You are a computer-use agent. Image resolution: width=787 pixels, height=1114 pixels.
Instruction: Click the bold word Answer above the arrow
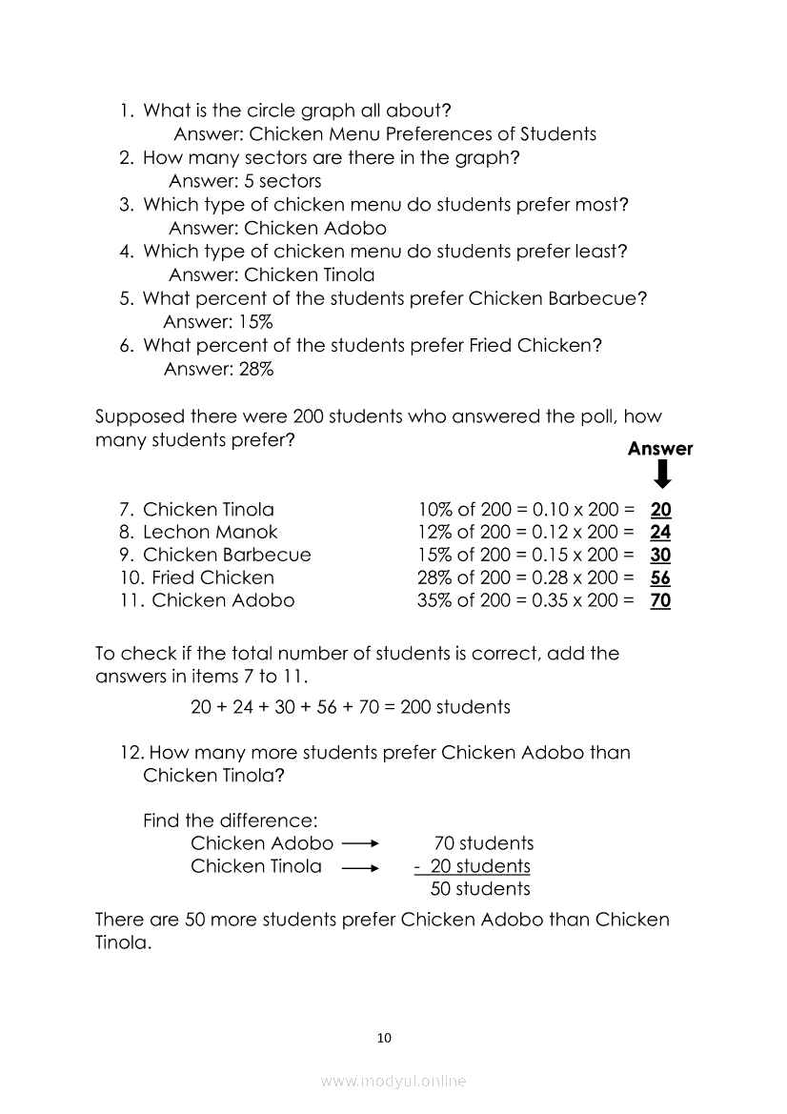660,449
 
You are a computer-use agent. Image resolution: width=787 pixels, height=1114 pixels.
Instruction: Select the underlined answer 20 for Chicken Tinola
660,509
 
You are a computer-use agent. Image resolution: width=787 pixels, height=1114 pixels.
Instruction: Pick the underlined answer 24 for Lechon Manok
660,532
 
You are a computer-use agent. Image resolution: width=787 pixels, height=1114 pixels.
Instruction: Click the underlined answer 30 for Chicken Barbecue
660,555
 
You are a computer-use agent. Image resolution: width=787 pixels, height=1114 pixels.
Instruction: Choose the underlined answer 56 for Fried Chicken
660,577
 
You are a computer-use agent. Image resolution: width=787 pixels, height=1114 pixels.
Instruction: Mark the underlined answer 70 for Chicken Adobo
660,600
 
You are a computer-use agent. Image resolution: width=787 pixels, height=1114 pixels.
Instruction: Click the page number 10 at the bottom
384,1038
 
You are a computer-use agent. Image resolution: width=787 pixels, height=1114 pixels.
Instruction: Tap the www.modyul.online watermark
393,1081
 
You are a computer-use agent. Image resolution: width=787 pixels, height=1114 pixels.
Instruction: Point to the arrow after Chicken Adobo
360,843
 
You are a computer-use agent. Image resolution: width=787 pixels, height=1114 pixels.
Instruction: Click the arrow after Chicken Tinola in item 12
360,867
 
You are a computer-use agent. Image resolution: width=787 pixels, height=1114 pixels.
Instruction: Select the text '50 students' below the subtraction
480,889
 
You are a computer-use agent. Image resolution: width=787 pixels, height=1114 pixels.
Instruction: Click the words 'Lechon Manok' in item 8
211,532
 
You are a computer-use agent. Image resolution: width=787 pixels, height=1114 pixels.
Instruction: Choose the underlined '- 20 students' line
472,866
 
